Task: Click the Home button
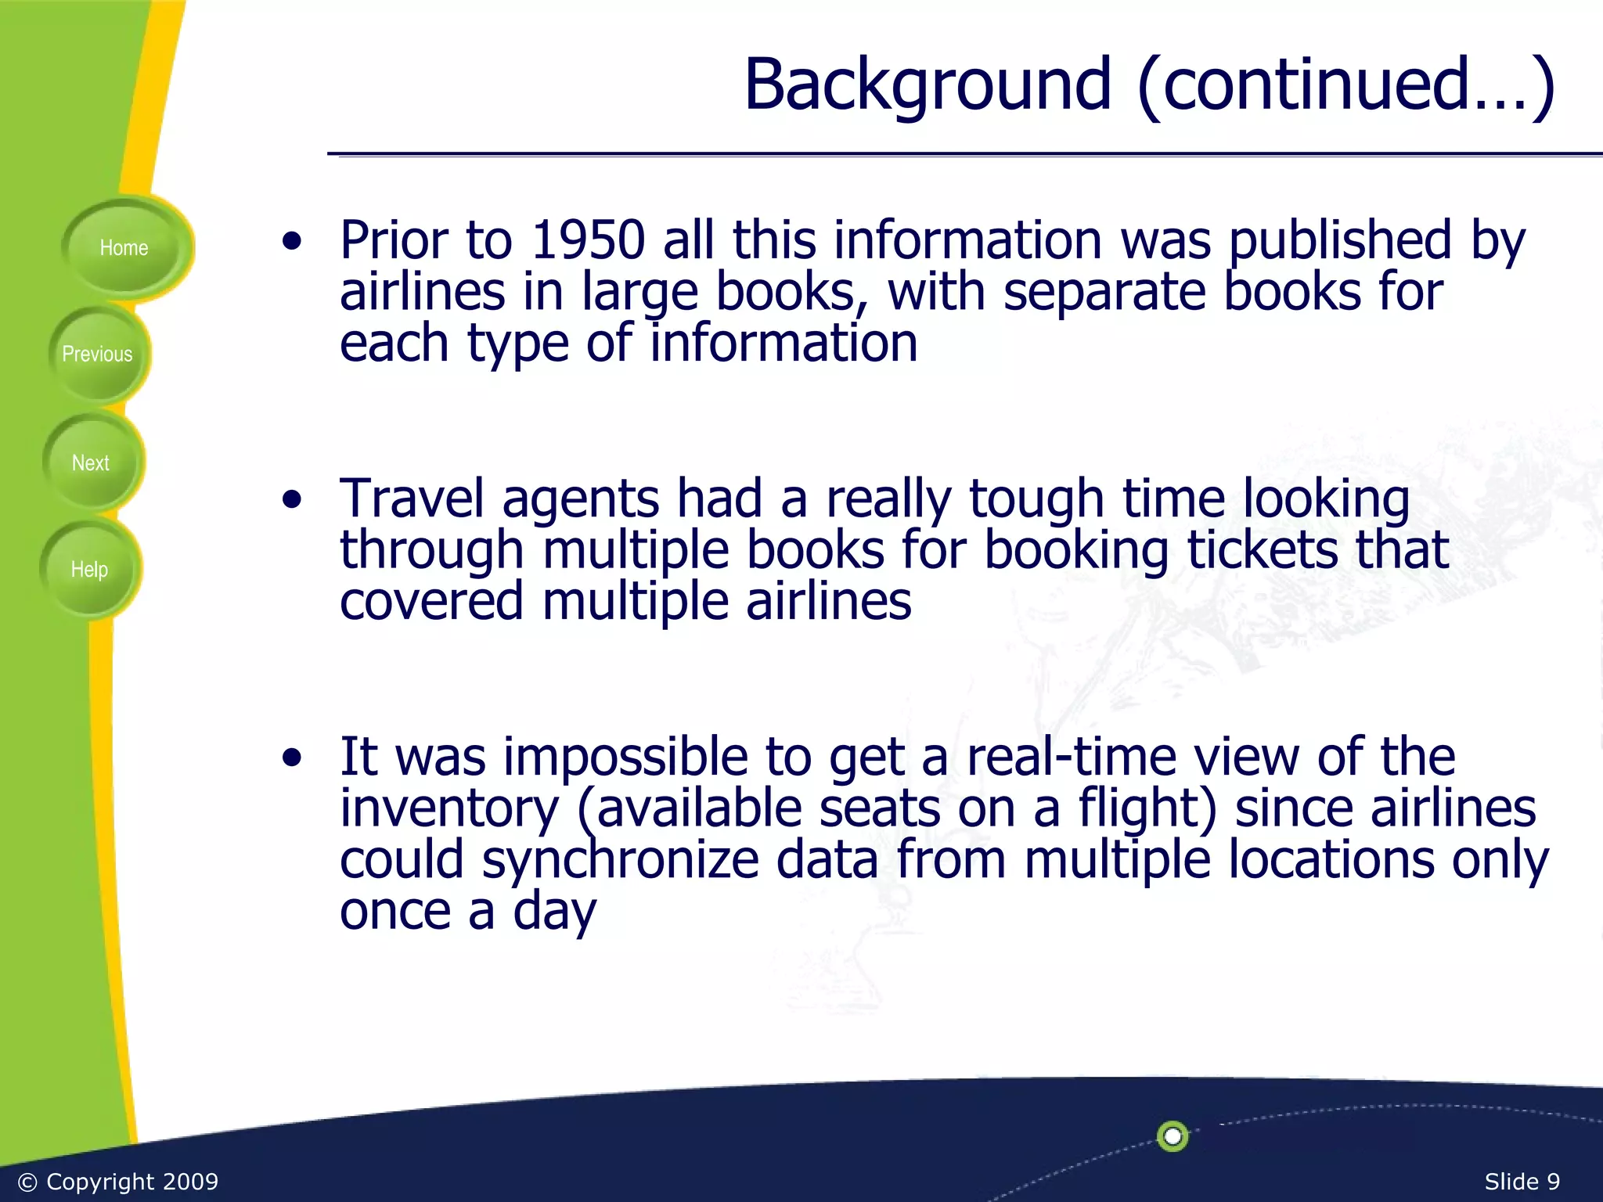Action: (x=124, y=248)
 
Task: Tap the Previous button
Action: (x=97, y=354)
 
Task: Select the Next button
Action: (x=91, y=463)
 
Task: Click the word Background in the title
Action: (x=928, y=85)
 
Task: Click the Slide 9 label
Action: (x=1522, y=1182)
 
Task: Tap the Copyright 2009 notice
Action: (x=118, y=1182)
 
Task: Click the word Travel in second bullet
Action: (x=412, y=498)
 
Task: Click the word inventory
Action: (x=450, y=808)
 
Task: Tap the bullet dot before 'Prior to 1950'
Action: (x=292, y=241)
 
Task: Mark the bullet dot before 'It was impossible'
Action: (x=292, y=758)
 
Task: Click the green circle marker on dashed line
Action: (x=1173, y=1136)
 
